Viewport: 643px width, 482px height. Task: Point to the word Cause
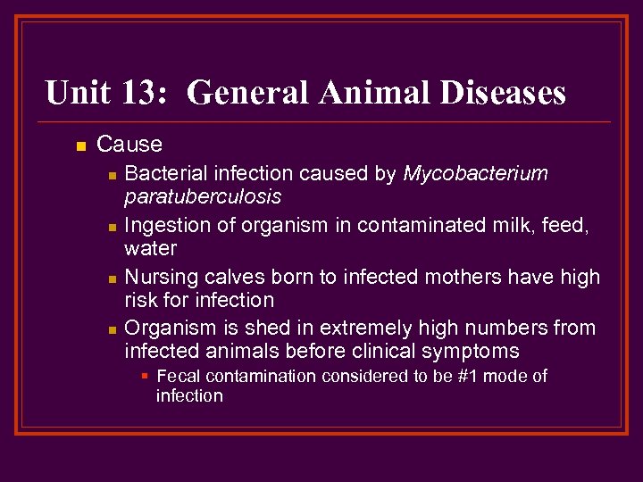click(x=129, y=144)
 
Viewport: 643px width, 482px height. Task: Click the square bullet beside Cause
click(x=80, y=145)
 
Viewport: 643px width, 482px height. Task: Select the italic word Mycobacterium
click(x=475, y=173)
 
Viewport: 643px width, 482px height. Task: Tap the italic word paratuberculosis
click(x=203, y=195)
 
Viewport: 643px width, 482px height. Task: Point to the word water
click(x=151, y=247)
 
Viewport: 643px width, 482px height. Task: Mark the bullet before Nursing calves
click(x=111, y=279)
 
